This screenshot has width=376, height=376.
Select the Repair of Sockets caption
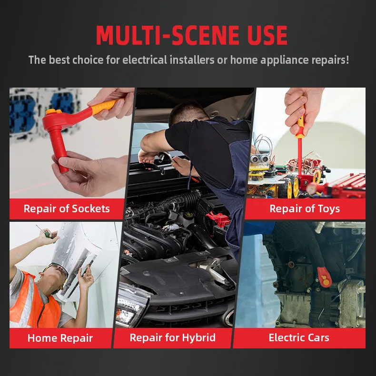pos(67,208)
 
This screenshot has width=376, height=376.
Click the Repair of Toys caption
pos(305,208)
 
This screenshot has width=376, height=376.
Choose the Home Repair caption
pos(60,338)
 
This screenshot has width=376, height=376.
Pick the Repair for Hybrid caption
pos(173,338)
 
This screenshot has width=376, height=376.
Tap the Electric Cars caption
pos(299,338)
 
